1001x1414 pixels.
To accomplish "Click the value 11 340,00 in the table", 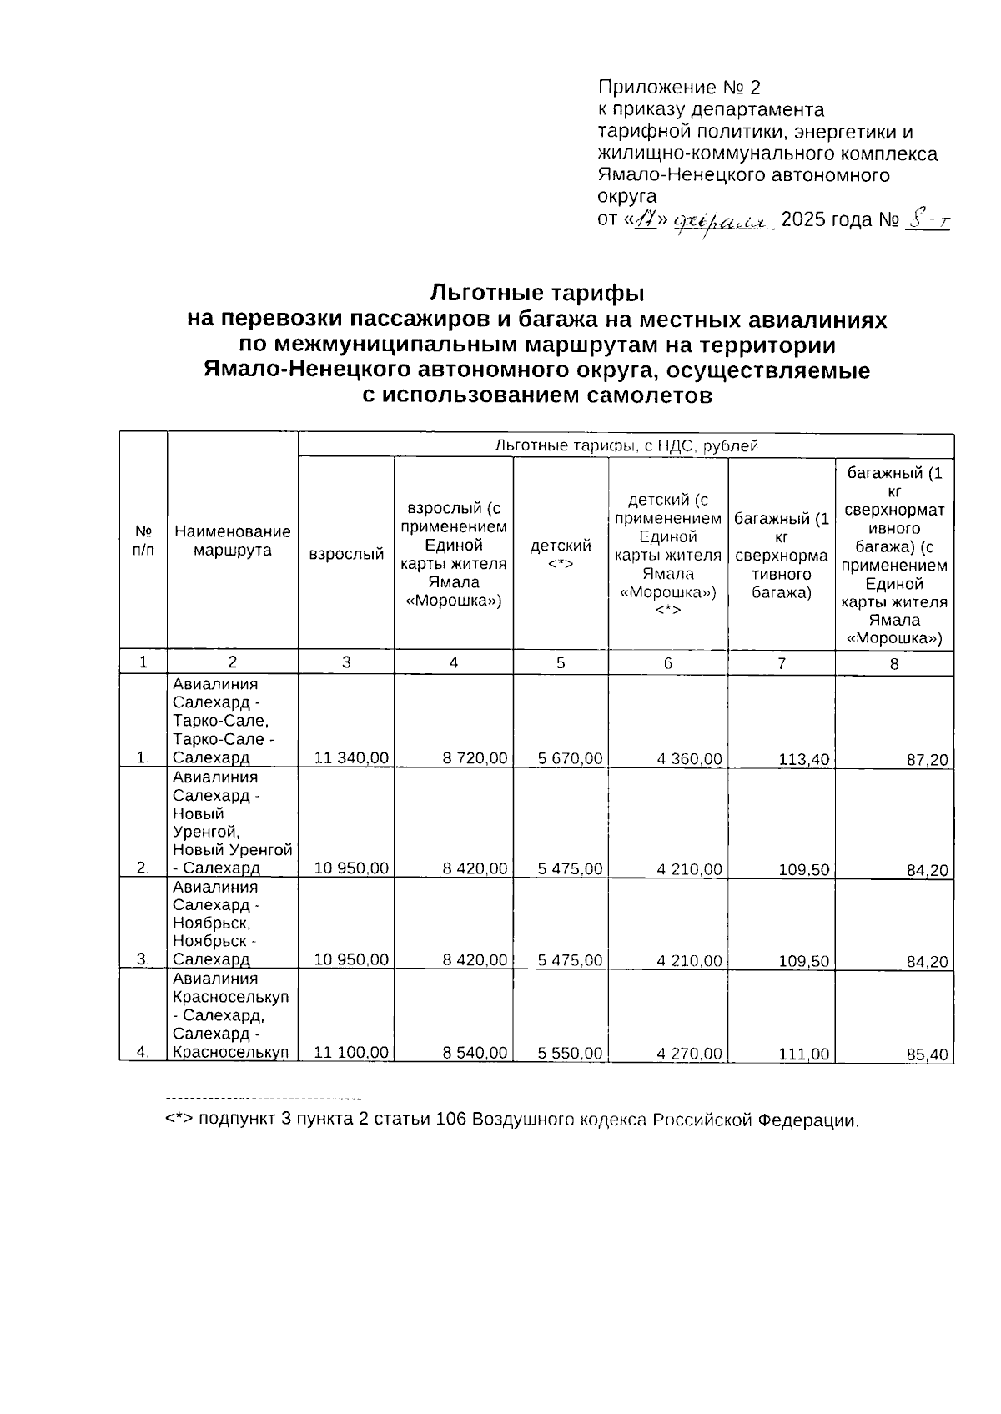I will coord(350,757).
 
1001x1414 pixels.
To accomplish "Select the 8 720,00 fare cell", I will coord(475,757).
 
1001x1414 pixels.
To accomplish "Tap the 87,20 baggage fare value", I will coord(928,760).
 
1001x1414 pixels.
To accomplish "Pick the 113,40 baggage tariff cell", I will coord(803,759).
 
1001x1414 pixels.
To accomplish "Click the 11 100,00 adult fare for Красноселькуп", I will coord(350,1053).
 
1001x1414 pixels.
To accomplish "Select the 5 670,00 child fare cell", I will coord(571,757).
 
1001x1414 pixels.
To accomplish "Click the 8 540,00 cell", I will coord(475,1053).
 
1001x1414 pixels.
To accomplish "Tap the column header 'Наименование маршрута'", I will coord(233,541).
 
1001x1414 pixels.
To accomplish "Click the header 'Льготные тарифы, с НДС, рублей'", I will coord(626,445).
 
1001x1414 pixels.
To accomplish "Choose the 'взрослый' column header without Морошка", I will coord(346,554).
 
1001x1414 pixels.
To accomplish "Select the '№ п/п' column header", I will coord(143,541).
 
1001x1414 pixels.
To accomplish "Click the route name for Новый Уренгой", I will coord(233,823).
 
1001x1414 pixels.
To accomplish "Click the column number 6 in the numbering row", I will coord(667,662).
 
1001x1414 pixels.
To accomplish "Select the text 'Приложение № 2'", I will coord(680,88).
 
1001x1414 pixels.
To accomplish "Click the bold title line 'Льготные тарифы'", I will coord(537,293).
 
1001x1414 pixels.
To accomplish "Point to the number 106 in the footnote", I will coord(452,1120).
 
